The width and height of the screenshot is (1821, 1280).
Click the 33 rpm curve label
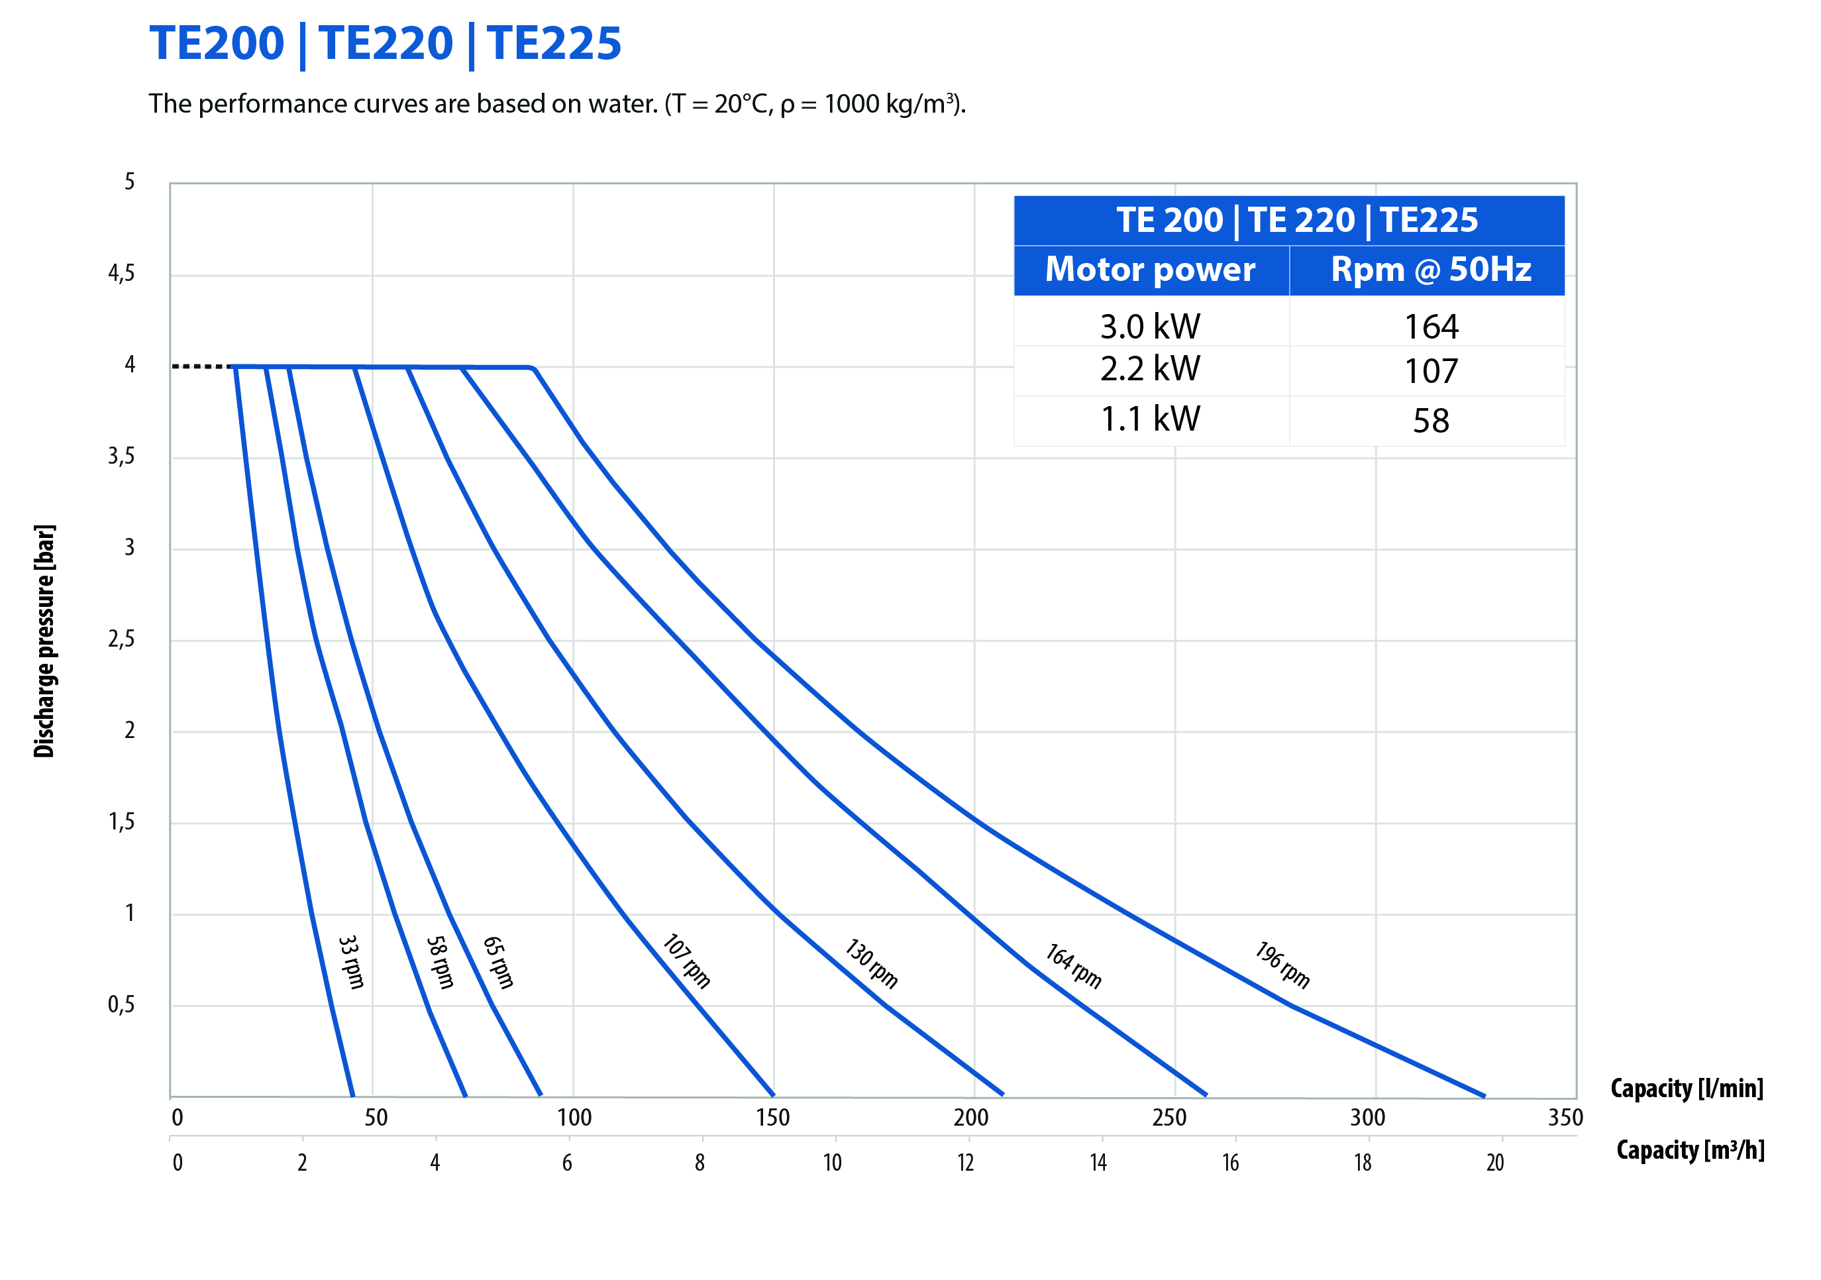[351, 961]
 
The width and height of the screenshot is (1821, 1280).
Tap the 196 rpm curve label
[1282, 965]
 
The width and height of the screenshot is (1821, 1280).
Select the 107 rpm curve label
[686, 961]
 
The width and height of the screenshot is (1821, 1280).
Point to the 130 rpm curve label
[871, 963]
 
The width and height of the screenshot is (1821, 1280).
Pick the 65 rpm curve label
[498, 961]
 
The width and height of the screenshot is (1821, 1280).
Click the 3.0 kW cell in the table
[1150, 326]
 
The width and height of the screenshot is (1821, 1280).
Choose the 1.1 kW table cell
[1150, 419]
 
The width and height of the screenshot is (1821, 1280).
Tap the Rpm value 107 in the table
[1431, 371]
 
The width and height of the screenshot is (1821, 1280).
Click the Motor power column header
[1150, 270]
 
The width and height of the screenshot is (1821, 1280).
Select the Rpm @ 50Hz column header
[1431, 270]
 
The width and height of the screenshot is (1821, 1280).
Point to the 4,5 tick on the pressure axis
[121, 274]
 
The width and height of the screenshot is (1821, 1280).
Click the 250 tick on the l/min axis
[1169, 1118]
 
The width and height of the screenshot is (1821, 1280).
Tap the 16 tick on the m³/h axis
[1230, 1163]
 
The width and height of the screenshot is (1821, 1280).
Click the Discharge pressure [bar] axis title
[44, 641]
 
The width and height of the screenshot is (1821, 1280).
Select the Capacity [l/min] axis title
[1687, 1088]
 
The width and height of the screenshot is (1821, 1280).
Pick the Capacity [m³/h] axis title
[1690, 1150]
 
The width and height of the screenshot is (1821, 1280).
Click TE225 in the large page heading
[554, 43]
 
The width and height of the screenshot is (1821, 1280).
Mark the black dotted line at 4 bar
[201, 366]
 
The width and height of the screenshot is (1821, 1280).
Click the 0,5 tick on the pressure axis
[121, 1005]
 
